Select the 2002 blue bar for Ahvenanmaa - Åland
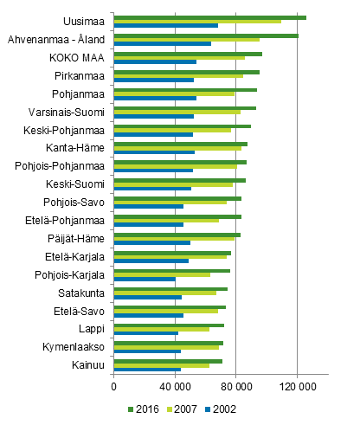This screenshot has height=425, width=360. (162, 43)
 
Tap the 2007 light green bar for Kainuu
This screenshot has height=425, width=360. (161, 365)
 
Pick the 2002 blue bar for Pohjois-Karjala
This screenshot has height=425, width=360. (145, 279)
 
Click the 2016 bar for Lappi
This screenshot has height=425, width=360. (169, 325)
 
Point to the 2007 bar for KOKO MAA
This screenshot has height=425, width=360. (179, 58)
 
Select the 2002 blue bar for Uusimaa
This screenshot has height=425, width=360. (165, 25)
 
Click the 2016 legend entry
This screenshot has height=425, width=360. (144, 409)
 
